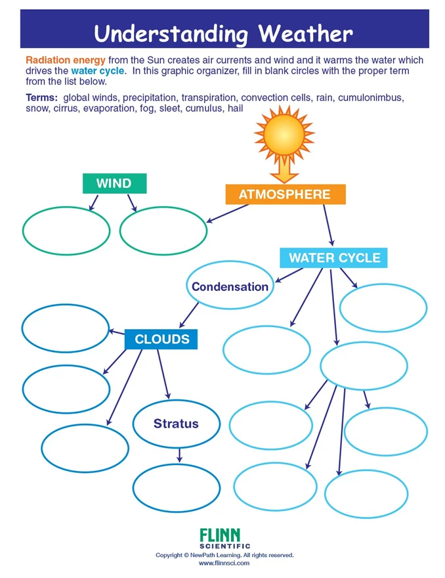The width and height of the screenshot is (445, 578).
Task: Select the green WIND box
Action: (x=115, y=183)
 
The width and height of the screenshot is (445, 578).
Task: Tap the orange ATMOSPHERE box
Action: (x=286, y=194)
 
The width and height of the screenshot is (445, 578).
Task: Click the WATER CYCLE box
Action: (x=333, y=257)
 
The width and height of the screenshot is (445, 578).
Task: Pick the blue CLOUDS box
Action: (x=161, y=339)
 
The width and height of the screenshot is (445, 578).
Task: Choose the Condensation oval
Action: (x=230, y=285)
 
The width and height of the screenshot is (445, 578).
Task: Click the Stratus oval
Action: (x=177, y=424)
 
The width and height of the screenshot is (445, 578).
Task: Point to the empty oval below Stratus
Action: (x=177, y=488)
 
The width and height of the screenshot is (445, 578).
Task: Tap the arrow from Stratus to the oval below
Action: (x=179, y=455)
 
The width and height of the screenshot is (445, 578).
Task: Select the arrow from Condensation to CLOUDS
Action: (x=189, y=315)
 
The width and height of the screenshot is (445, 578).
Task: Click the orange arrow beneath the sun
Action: (x=284, y=169)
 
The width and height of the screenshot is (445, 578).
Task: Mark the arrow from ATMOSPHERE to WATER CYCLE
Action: (x=329, y=225)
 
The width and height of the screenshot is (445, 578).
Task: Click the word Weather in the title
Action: (x=305, y=33)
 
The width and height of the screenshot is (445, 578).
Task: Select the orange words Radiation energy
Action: (x=66, y=60)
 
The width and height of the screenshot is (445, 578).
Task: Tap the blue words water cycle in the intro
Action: (x=98, y=71)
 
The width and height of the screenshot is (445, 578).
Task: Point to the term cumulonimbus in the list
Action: (x=371, y=98)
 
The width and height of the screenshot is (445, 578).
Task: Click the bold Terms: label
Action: (x=41, y=98)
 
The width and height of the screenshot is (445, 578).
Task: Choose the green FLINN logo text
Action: (x=220, y=535)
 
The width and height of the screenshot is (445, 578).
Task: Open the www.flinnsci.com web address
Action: (x=224, y=564)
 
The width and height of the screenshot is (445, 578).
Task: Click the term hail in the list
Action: (x=236, y=108)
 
